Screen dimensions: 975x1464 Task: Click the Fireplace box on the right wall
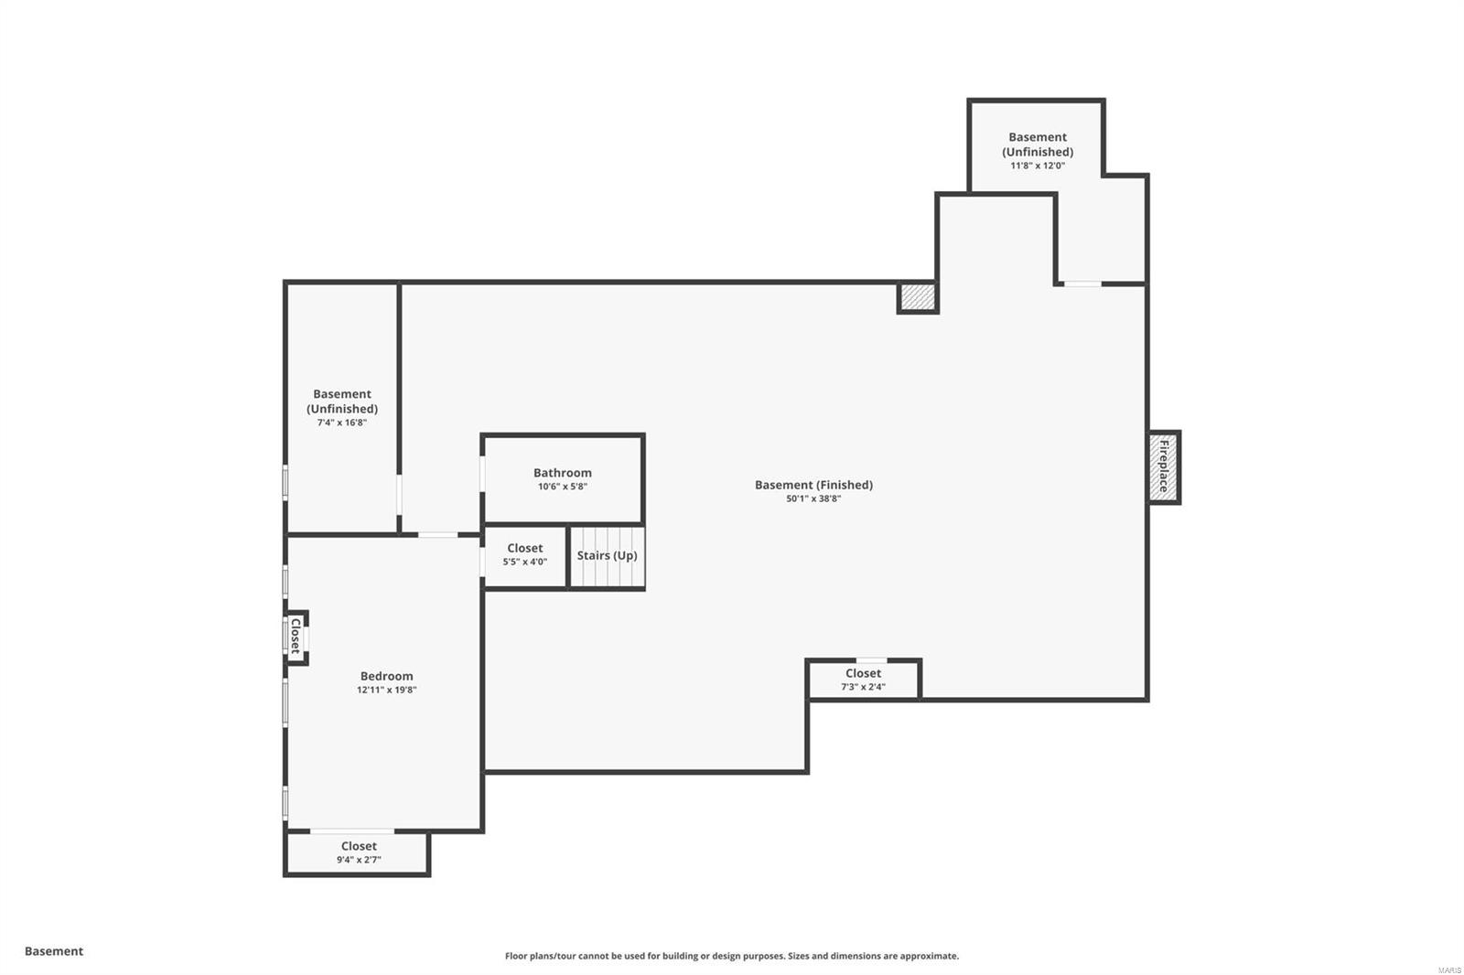click(1164, 466)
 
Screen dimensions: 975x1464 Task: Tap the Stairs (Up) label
click(607, 555)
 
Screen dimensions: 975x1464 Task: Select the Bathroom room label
click(562, 473)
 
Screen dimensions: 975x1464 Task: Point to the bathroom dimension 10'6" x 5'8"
click(562, 487)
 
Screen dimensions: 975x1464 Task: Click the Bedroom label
click(386, 676)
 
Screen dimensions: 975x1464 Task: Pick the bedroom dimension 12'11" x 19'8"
click(386, 690)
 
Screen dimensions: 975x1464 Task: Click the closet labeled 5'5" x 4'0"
click(524, 555)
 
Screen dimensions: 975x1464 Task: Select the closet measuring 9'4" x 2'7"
click(358, 852)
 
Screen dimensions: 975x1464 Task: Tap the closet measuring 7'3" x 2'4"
click(863, 680)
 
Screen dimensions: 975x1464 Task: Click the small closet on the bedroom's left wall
click(296, 637)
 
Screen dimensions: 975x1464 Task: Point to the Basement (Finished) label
click(813, 485)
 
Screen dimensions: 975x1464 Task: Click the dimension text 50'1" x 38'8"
click(813, 498)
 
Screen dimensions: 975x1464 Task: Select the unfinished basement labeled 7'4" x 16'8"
click(341, 408)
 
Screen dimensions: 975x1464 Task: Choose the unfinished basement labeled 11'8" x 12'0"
click(1037, 151)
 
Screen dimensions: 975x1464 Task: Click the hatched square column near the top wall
click(917, 297)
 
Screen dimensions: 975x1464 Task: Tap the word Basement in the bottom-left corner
click(54, 951)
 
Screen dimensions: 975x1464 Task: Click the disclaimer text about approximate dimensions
click(732, 956)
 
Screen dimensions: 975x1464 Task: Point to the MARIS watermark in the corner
click(1448, 970)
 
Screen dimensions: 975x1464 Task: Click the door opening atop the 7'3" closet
click(871, 659)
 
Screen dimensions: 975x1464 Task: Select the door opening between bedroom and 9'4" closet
click(352, 830)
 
